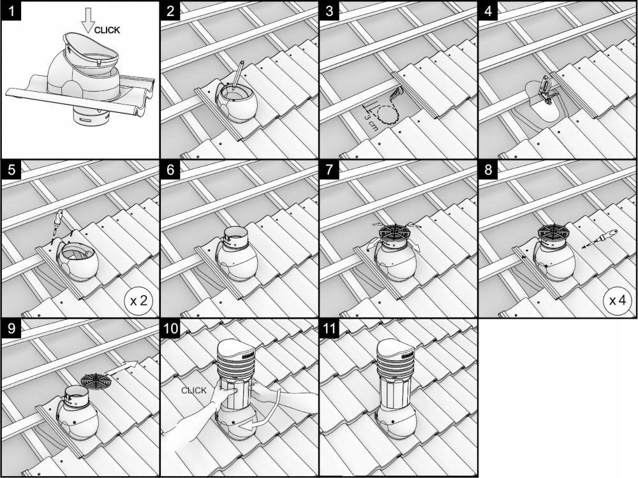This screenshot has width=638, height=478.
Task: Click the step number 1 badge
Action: tap(11, 11)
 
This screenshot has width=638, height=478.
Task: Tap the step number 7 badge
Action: tap(330, 170)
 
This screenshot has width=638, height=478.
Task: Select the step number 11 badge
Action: tap(330, 328)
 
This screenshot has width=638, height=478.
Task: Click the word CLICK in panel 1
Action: tap(107, 30)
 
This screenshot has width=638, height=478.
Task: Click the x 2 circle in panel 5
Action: tap(138, 301)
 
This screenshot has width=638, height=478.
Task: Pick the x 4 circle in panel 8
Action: tap(617, 301)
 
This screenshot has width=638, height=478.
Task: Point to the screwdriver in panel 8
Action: tap(600, 239)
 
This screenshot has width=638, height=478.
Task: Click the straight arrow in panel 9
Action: tap(122, 367)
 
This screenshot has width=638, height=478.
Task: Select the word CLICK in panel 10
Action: tap(194, 391)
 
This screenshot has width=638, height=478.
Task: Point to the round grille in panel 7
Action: tap(394, 232)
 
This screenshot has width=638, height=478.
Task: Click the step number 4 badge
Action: tap(488, 11)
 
